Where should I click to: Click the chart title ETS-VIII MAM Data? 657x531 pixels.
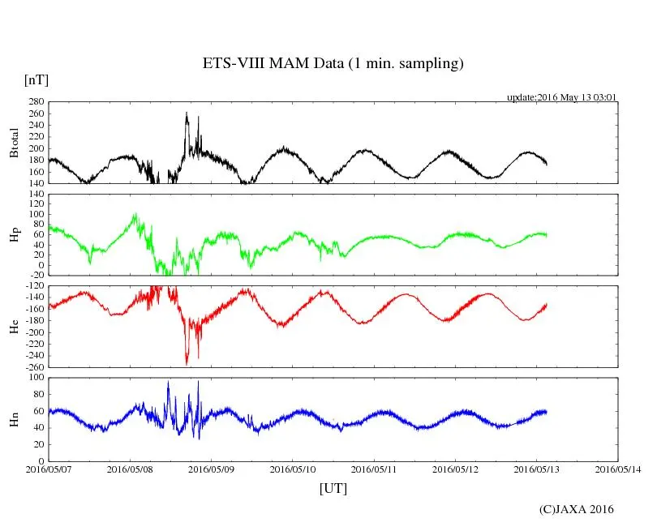point(333,64)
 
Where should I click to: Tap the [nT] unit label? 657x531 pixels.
point(36,80)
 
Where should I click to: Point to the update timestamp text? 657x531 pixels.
point(562,97)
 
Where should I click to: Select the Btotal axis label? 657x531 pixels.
point(14,143)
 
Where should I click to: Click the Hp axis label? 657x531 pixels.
point(14,235)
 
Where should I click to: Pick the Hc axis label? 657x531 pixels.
point(14,327)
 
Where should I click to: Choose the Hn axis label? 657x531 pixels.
point(14,419)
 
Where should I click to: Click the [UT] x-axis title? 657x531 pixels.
point(333,489)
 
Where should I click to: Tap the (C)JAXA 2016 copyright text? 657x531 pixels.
point(577,509)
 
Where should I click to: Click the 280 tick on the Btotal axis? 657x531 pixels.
point(35,102)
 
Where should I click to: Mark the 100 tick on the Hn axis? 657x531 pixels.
point(35,378)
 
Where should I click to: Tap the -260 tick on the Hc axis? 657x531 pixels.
point(32,367)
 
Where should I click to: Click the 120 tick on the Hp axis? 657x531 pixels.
point(35,195)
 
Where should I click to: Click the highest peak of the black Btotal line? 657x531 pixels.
point(187,113)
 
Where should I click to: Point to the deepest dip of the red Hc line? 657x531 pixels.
point(187,364)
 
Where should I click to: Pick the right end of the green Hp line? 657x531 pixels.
point(547,234)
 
